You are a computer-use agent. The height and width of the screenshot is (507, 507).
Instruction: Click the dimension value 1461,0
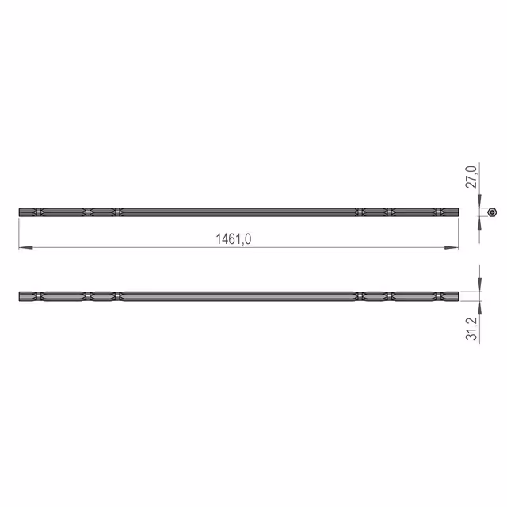pyautogui.click(x=233, y=239)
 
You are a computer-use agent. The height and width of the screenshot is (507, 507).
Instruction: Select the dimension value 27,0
pyautogui.click(x=471, y=177)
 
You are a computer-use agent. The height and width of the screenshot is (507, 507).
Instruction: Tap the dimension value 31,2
pyautogui.click(x=471, y=329)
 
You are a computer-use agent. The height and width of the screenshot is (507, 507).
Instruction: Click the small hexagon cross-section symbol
pyautogui.click(x=492, y=212)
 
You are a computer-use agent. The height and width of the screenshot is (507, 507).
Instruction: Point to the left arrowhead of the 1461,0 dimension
pyautogui.click(x=26, y=247)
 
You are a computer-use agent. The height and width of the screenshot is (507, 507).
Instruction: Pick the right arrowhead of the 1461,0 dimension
pyautogui.click(x=452, y=247)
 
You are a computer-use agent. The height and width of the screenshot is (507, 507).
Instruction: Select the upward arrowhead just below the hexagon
pyautogui.click(x=479, y=223)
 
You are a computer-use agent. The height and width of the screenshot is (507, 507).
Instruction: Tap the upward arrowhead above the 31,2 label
pyautogui.click(x=479, y=308)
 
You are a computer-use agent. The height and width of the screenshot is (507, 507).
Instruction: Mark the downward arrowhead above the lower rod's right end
pyautogui.click(x=479, y=285)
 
